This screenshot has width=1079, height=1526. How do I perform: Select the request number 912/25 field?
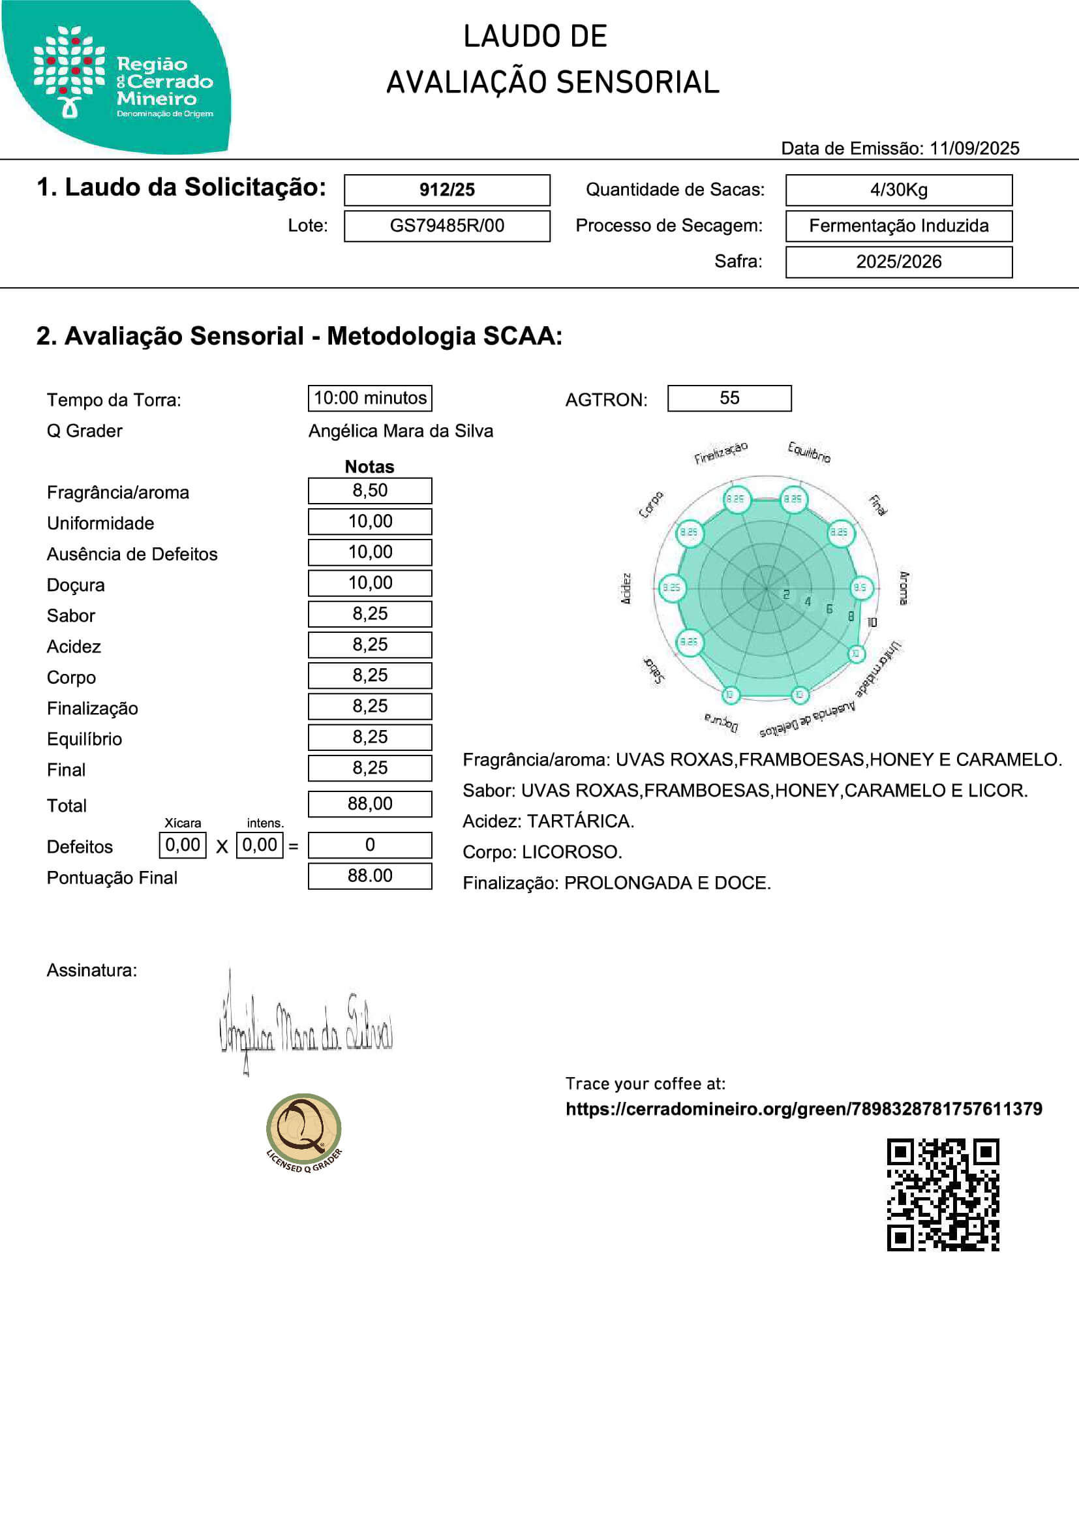[x=446, y=190]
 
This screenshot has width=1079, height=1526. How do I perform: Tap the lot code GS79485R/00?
[x=446, y=226]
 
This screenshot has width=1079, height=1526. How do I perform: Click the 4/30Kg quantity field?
[x=898, y=190]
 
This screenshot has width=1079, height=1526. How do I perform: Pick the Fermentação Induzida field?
[x=898, y=226]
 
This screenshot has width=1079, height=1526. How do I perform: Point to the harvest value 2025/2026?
[x=898, y=262]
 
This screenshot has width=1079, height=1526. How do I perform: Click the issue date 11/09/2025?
[x=974, y=148]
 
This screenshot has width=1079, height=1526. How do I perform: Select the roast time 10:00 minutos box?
[x=370, y=398]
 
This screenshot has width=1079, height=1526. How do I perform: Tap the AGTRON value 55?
[x=729, y=398]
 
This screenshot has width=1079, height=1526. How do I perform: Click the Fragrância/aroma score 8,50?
[x=370, y=491]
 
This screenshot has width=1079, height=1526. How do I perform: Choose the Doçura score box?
[x=370, y=583]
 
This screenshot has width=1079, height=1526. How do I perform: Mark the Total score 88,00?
[x=370, y=804]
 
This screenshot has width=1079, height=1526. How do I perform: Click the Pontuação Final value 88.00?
[x=370, y=876]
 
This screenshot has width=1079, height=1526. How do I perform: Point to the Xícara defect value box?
[x=183, y=846]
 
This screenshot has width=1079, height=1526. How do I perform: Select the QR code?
[x=943, y=1195]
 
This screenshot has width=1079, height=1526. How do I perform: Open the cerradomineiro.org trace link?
[x=803, y=1108]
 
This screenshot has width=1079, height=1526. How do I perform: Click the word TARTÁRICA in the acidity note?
[x=579, y=821]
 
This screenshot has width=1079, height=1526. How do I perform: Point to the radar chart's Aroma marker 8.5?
[x=860, y=588]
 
